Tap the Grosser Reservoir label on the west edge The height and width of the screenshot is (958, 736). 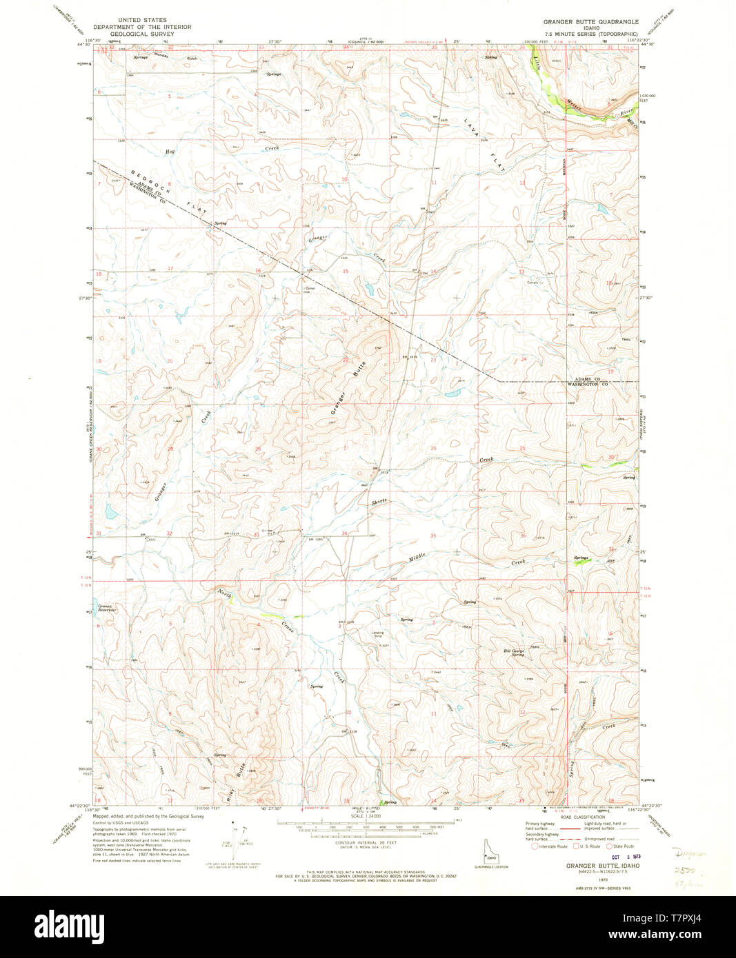tap(107, 609)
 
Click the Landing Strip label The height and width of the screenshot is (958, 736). tap(377, 634)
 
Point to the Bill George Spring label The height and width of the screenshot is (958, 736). tap(513, 652)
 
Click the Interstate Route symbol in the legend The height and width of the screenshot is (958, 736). tap(535, 846)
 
